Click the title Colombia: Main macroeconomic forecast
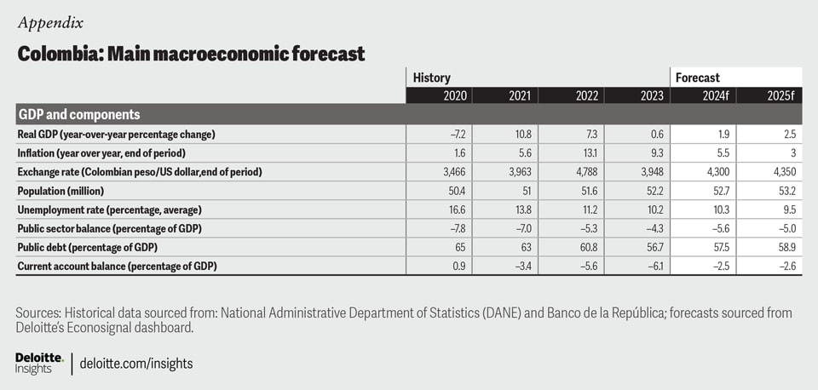tap(191, 54)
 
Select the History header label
tap(431, 78)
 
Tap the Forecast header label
tap(697, 78)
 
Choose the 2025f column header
tap(779, 95)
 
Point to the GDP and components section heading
tap(78, 114)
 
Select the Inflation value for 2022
tap(588, 153)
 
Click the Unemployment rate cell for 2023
tap(653, 209)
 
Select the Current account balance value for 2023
tap(652, 266)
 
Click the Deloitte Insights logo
tap(39, 362)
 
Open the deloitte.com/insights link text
tap(136, 364)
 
